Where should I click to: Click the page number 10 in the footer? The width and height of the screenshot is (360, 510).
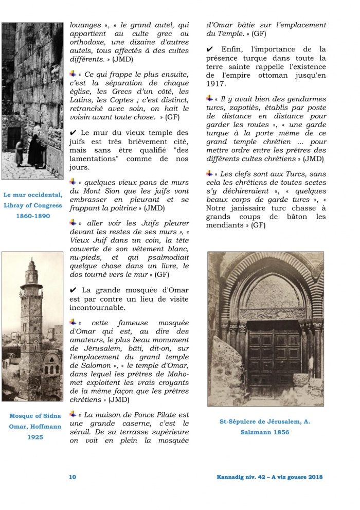73,477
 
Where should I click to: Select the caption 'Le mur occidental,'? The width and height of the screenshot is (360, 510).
32,195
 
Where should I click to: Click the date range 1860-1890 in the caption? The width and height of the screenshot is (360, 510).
32,216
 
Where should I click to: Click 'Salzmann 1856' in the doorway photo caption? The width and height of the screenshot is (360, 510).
264,432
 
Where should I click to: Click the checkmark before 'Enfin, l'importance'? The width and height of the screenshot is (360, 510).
209,49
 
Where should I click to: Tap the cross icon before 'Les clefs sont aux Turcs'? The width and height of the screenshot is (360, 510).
209,173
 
